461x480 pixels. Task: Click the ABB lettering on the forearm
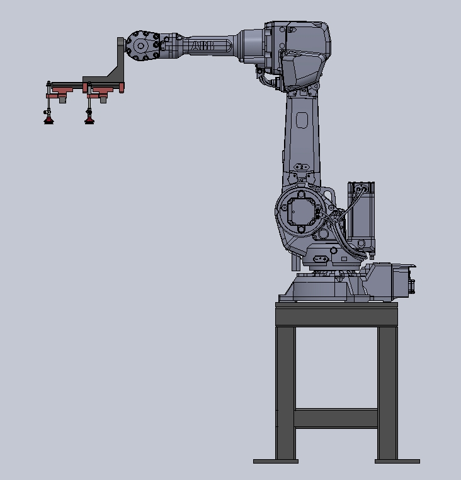[203, 46]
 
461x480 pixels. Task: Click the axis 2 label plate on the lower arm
[302, 167]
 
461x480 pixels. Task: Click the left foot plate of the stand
[275, 461]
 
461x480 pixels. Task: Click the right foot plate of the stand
[397, 461]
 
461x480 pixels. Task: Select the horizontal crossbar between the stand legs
[336, 418]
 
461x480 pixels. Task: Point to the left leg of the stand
[285, 391]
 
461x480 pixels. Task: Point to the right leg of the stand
[387, 391]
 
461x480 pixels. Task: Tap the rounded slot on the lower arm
[302, 121]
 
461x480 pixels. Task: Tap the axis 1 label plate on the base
[320, 258]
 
